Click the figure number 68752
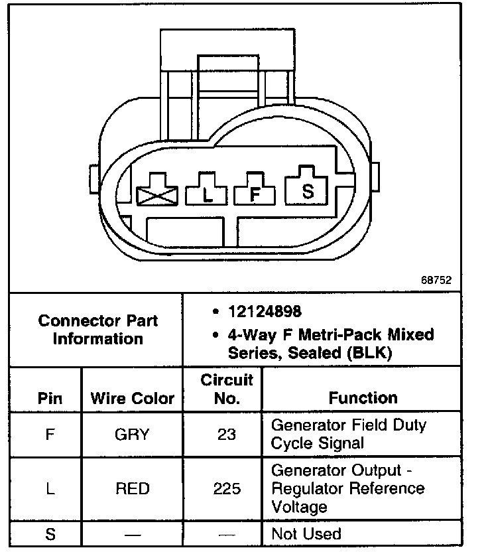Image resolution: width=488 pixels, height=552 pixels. [436, 280]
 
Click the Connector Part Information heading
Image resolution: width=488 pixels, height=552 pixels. [97, 330]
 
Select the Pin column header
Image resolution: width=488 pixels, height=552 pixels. [50, 399]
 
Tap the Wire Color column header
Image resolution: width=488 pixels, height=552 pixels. [132, 399]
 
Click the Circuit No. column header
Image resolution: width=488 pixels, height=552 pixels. [227, 389]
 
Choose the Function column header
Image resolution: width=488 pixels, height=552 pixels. [363, 398]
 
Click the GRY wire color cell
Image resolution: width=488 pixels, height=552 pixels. [132, 435]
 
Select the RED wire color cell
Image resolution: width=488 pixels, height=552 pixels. [132, 489]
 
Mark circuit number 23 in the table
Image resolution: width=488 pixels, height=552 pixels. [226, 435]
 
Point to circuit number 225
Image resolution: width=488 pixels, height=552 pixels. [227, 489]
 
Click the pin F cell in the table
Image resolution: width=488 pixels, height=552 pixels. [50, 435]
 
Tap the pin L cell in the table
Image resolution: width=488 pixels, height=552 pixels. [50, 489]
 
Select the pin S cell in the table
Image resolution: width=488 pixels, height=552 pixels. [50, 534]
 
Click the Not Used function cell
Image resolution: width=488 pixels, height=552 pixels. [306, 534]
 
